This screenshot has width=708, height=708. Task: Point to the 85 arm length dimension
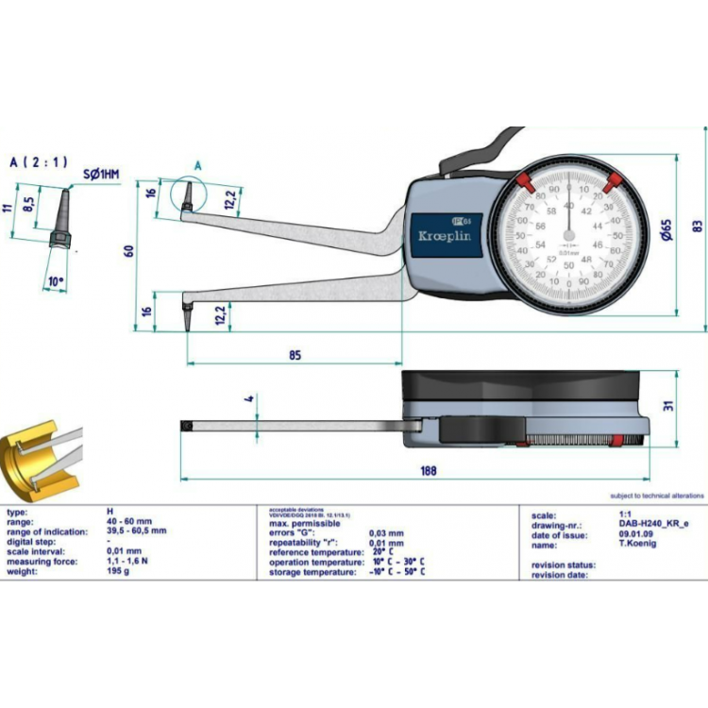pyautogui.click(x=295, y=355)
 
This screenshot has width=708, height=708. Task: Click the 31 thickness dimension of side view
pyautogui.click(x=667, y=406)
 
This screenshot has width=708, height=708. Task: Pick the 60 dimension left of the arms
pyautogui.click(x=128, y=251)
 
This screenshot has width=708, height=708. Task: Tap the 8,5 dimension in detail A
pyautogui.click(x=30, y=201)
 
